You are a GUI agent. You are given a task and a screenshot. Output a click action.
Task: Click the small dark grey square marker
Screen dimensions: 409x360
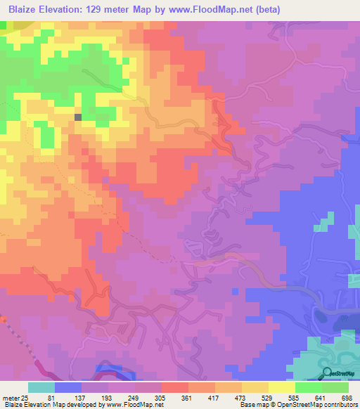78,117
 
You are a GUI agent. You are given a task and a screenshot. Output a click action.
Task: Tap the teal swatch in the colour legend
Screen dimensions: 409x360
41,387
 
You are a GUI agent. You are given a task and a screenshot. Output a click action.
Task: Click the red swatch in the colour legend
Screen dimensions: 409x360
175,387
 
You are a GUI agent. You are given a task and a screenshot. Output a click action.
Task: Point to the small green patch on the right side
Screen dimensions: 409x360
322,223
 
